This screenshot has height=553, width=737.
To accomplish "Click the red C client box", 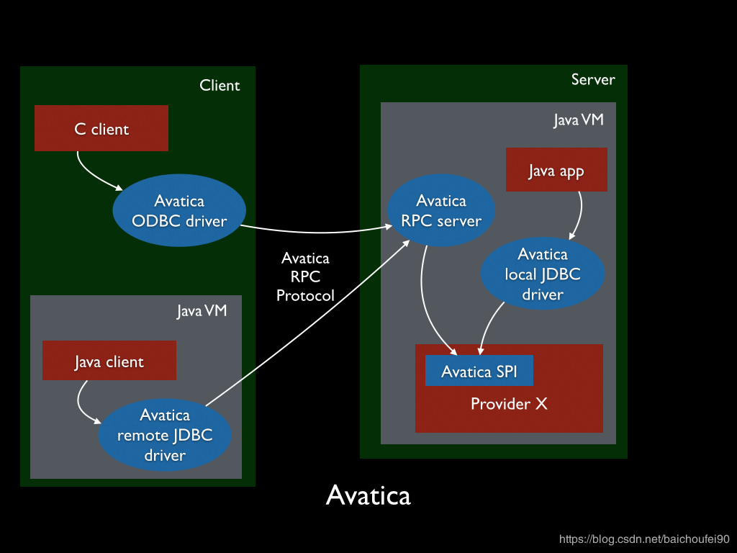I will (101, 128).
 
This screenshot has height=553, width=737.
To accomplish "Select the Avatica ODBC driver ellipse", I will (179, 211).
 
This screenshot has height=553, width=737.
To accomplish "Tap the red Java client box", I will (109, 361).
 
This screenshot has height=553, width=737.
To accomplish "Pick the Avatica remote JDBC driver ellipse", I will (165, 434).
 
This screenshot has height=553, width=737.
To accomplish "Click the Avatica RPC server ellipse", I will (441, 211).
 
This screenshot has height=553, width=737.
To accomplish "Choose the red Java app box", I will (556, 170).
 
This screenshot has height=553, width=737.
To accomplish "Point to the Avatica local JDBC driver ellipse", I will (543, 274).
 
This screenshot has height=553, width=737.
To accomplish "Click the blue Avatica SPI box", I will (479, 371).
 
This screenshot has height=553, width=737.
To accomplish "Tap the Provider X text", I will (509, 404).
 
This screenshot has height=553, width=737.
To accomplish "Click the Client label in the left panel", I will (220, 85).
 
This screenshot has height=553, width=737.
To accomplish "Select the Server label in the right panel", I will (593, 79).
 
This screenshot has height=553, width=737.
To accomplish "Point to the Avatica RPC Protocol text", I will (305, 276).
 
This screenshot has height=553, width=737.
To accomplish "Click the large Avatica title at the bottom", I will (368, 495).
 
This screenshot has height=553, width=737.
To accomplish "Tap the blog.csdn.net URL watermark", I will (644, 539).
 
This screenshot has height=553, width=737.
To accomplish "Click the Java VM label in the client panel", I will (202, 311).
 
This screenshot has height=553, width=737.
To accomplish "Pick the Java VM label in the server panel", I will (578, 120).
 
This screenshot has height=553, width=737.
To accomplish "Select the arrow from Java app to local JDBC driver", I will (579, 215).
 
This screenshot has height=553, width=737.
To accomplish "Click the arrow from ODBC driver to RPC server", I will (317, 232).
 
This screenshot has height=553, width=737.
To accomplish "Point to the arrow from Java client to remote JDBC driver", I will (81, 403).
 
